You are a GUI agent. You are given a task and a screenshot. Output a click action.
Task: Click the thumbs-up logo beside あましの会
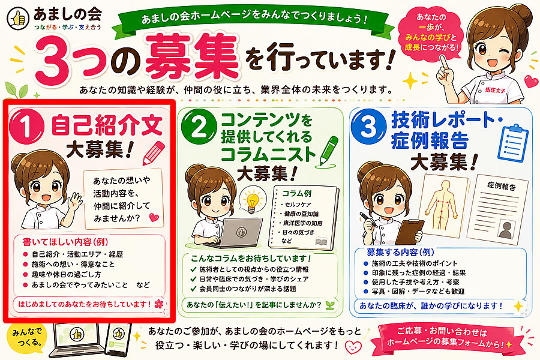click(x=18, y=18)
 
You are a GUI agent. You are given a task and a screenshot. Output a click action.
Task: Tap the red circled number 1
click(x=26, y=127)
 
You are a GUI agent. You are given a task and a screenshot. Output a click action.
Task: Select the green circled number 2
click(x=199, y=127)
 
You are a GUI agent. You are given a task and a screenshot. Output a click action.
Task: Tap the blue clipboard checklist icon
click(x=512, y=143)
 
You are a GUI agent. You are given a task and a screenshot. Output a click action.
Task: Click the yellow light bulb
click(x=253, y=200)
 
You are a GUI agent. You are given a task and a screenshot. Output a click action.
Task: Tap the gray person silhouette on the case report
click(x=505, y=230)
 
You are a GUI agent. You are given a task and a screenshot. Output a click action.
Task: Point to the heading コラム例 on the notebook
click(x=297, y=193)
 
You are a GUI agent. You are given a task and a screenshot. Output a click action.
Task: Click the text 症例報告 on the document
click(x=502, y=186)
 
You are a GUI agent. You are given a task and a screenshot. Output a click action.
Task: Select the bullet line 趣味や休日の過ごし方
click(x=62, y=275)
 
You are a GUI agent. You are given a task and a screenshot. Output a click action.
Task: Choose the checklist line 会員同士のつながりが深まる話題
click(x=243, y=289)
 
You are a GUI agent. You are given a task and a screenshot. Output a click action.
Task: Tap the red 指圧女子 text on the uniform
click(x=495, y=90)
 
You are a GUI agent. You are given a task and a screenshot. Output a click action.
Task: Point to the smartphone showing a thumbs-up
click(x=118, y=339)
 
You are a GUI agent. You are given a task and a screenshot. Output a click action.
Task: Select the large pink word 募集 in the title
click(x=192, y=56)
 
